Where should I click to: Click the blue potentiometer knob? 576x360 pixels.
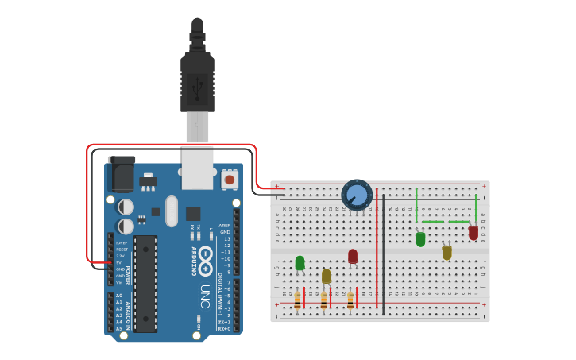(357, 195)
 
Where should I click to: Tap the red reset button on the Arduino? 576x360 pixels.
(230, 180)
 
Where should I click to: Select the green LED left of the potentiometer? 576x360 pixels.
(300, 263)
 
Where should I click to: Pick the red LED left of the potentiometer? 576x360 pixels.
(353, 256)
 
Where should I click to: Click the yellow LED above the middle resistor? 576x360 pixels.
(326, 276)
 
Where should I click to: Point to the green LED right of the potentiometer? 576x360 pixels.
(420, 238)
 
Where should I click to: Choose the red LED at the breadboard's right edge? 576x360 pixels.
(474, 233)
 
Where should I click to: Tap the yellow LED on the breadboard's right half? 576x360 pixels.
(446, 252)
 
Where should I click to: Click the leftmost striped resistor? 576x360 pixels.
(298, 300)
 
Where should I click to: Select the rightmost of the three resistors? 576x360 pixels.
(350, 300)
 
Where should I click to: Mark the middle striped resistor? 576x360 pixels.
(323, 300)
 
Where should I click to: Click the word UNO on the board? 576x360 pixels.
(204, 290)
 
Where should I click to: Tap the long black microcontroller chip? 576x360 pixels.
(145, 282)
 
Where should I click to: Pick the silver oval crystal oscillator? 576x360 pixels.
(172, 211)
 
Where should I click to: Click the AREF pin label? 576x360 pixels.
(225, 226)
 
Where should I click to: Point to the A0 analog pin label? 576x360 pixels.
(119, 296)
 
